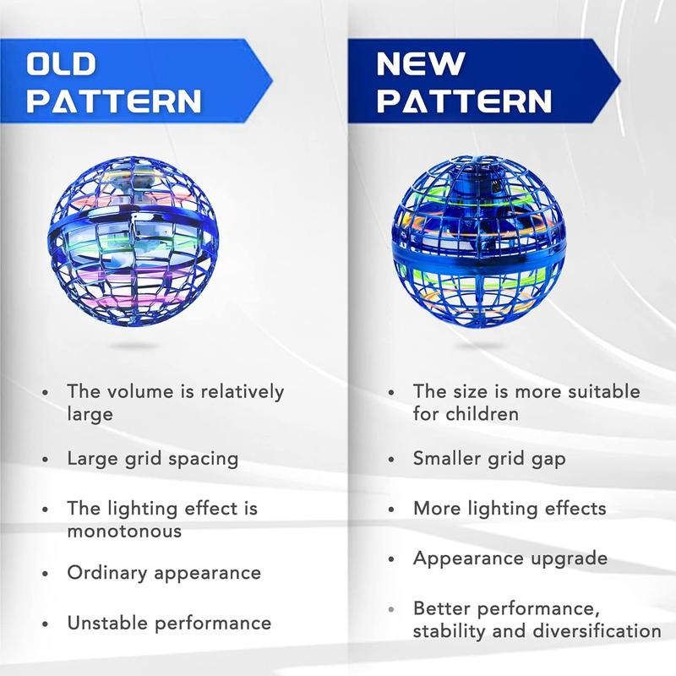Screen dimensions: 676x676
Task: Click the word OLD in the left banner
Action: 61,64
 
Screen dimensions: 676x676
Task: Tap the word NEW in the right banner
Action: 421,64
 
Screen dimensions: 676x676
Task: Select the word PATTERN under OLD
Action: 114,101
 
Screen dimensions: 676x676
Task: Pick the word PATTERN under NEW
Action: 464,101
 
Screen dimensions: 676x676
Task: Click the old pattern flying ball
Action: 134,242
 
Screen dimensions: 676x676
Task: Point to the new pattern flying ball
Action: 478,242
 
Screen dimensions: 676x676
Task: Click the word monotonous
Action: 124,532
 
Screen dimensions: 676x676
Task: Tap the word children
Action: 482,414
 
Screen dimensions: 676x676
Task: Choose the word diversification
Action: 597,631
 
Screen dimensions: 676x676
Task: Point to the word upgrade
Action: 569,559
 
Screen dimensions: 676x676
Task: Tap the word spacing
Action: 203,460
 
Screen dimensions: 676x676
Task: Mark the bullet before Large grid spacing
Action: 46,460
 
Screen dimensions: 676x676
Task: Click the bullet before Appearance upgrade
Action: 391,559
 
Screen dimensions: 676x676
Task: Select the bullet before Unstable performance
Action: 46,624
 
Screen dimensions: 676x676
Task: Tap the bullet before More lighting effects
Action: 391,510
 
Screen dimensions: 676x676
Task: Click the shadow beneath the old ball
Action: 134,346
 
